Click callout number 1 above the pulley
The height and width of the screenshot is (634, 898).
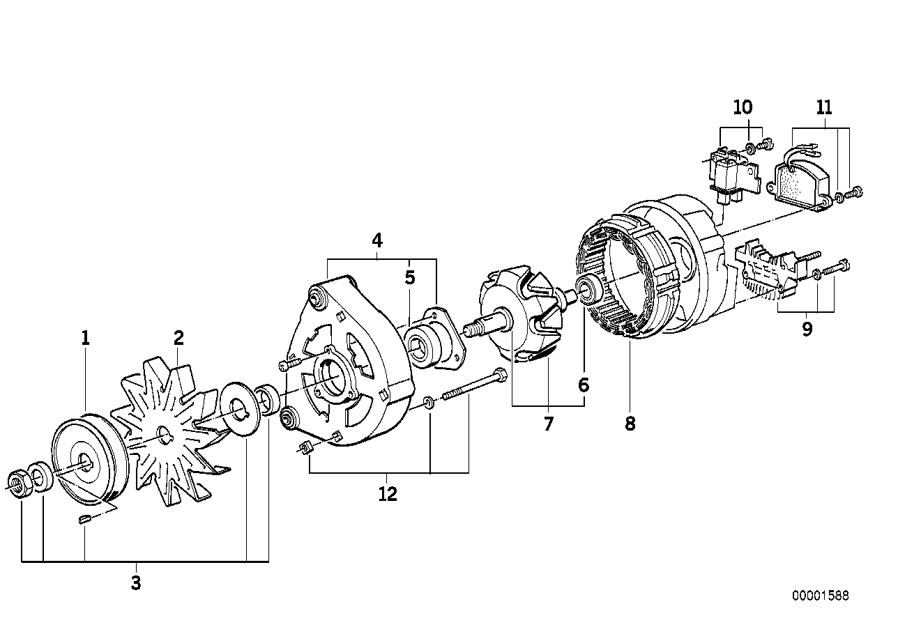click(85, 339)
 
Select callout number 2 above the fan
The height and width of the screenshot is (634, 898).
click(178, 339)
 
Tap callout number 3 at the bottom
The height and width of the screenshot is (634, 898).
click(136, 583)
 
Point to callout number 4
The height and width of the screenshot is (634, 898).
click(377, 241)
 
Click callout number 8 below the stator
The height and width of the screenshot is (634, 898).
click(630, 423)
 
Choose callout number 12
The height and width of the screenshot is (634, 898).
click(388, 494)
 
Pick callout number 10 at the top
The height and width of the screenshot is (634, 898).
click(743, 107)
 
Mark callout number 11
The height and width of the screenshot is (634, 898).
click(824, 107)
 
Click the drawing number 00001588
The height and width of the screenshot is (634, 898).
click(820, 596)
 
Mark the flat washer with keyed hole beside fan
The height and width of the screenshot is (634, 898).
click(238, 407)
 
